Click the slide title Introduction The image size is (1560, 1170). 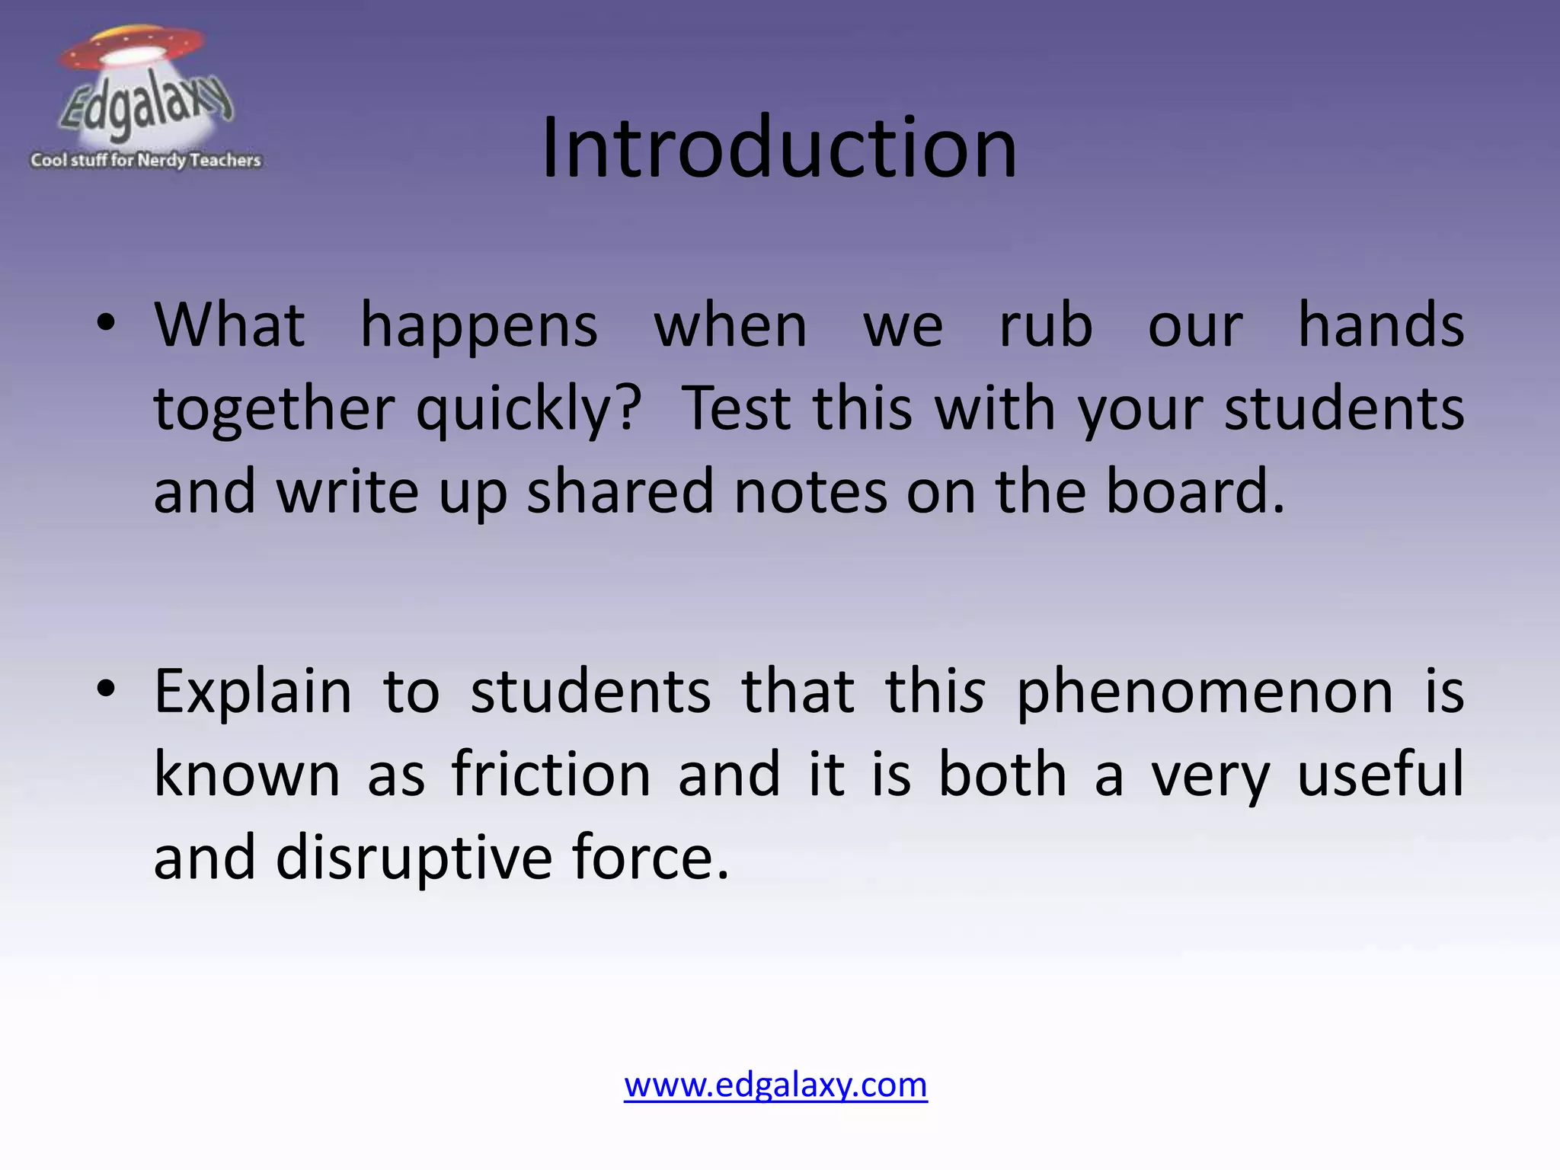778,148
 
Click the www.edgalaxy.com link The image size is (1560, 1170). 775,1085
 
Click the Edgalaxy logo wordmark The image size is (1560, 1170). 145,107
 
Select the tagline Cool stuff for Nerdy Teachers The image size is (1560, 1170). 145,160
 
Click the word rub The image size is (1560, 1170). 1045,326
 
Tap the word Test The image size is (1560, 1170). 736,408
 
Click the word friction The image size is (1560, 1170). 551,774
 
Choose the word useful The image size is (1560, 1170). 1379,774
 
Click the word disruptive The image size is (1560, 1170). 414,858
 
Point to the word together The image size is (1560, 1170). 273,410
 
